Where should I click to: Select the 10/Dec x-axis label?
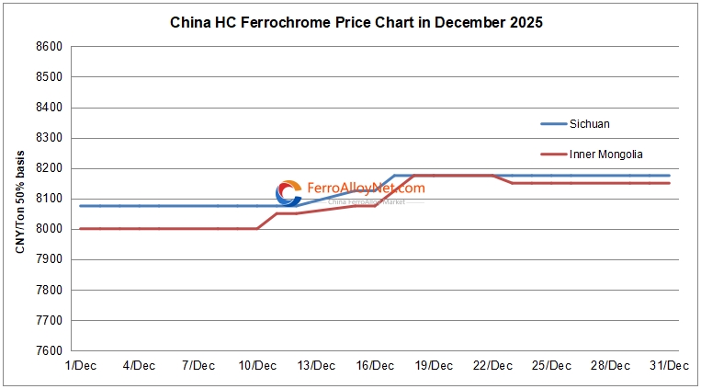click(258, 365)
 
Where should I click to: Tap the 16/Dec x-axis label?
click(375, 365)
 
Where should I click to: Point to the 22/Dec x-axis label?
click(492, 365)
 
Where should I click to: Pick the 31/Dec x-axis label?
click(670, 365)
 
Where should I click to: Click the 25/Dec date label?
click(552, 365)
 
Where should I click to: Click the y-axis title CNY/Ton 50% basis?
click(20, 199)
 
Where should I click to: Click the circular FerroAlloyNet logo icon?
click(289, 193)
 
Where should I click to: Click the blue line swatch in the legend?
click(553, 123)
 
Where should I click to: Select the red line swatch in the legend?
click(553, 154)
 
